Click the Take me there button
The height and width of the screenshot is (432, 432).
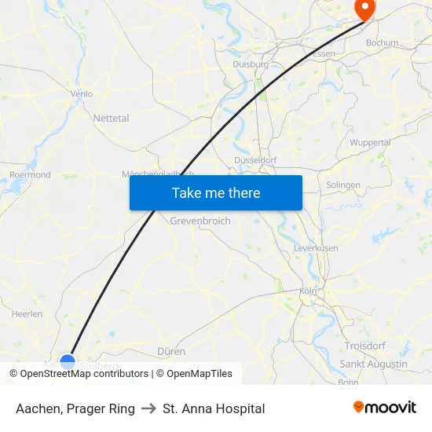(215, 192)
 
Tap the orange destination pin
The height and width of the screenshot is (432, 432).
(365, 8)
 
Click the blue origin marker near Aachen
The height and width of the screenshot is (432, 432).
(68, 362)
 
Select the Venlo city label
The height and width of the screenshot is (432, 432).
(82, 93)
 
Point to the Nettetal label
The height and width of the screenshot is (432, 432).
(111, 118)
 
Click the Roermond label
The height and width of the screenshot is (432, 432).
(30, 174)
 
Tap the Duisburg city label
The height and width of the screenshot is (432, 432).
(251, 64)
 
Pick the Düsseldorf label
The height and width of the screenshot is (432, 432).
(255, 159)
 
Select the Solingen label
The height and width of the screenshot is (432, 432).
(343, 185)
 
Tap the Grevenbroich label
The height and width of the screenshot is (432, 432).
(200, 221)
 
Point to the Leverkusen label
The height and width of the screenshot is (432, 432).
(316, 247)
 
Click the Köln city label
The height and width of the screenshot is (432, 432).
(307, 291)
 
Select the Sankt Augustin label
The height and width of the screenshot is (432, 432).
(373, 364)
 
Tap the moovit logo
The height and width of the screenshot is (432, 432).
(384, 408)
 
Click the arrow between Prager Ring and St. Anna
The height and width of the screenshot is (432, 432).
(148, 408)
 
